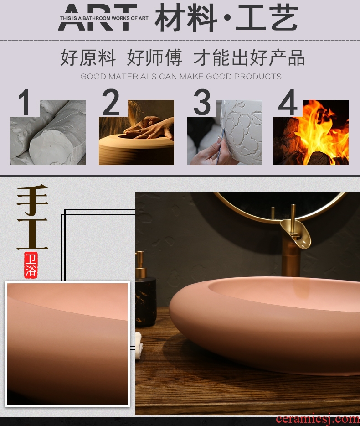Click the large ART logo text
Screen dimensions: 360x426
[x=97, y=17]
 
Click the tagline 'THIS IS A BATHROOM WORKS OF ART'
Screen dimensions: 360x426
[x=104, y=18]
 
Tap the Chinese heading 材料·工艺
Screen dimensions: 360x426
[x=226, y=17]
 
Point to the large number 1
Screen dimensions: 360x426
[x=24, y=103]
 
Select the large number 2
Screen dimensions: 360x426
[x=110, y=102]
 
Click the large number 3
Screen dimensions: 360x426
[x=202, y=102]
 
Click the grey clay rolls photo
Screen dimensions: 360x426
[x=48, y=132]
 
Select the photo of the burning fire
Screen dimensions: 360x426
[x=311, y=132]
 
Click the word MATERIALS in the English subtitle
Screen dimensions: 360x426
[x=132, y=77]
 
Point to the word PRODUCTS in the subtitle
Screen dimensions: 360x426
[x=257, y=77]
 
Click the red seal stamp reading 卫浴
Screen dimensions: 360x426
[x=31, y=265]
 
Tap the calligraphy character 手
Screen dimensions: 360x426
[x=32, y=200]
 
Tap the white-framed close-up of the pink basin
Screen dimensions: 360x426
[x=67, y=344]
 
